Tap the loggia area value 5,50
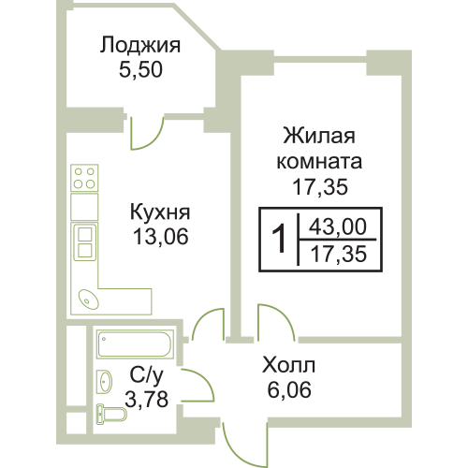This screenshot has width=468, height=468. point(140,69)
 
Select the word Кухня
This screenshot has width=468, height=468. point(160,212)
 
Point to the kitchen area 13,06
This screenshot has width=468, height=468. point(161,237)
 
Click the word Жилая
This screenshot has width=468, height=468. point(319,136)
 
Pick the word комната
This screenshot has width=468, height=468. point(319,161)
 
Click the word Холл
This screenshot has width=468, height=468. point(289,365)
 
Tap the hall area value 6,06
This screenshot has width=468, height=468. point(289,389)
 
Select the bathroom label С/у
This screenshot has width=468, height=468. point(146,375)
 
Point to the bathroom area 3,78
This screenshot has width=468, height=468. point(147,399)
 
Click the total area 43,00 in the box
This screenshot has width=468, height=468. point(338,227)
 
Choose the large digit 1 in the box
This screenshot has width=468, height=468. point(279,240)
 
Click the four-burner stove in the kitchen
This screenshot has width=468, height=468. point(84,178)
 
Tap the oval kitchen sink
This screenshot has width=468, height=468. point(89,300)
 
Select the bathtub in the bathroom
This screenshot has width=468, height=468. point(135,344)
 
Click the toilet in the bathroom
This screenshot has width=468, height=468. point(111,415)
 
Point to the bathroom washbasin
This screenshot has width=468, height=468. point(104,382)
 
